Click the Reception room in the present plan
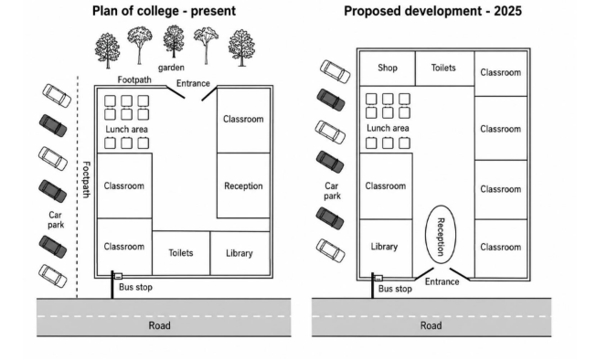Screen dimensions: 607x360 pos(243,185)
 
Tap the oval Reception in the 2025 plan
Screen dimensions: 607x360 pos(441,235)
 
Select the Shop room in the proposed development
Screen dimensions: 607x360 pos(387,69)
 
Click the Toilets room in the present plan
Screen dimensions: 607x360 pos(181,253)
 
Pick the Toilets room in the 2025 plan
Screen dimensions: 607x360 pos(444,69)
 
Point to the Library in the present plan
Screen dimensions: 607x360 pos(240,253)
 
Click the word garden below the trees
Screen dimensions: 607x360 pos(171,68)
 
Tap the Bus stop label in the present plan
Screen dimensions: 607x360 pos(135,287)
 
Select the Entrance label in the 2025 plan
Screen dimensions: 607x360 pos(442,281)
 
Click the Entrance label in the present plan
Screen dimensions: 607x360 pos(193,83)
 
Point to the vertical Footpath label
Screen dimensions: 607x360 pos(86,179)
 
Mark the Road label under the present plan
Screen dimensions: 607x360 pos(159,325)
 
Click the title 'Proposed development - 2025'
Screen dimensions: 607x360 pos(432,11)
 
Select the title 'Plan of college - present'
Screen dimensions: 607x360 pos(164,11)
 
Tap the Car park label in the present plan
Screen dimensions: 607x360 pos(56,220)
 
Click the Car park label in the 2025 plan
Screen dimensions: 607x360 pos(332,191)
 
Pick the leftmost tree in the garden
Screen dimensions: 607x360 pos(107,50)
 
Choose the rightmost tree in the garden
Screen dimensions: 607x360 pos(241,48)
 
